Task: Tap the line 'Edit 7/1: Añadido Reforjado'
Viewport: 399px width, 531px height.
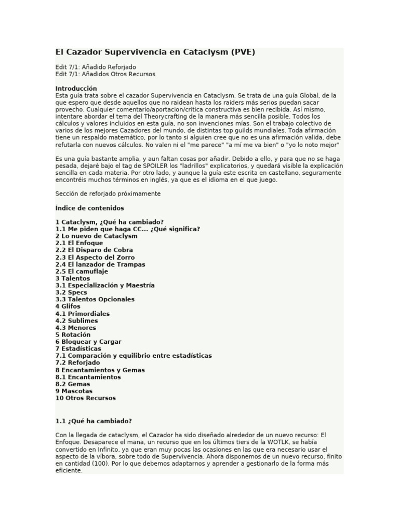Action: (x=96, y=67)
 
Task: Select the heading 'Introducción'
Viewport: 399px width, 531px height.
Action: (x=76, y=88)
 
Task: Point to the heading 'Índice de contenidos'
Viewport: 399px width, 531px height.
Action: (x=89, y=208)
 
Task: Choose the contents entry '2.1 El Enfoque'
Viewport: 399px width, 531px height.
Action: (x=79, y=243)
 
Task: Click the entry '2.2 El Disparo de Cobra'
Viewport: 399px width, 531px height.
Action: (x=94, y=250)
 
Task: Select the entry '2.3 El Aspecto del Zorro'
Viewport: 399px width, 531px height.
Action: (x=95, y=257)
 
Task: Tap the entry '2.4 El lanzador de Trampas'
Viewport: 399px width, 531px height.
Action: (x=100, y=264)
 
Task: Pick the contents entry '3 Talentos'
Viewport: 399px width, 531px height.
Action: (x=72, y=278)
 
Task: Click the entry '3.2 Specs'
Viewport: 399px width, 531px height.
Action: (x=71, y=292)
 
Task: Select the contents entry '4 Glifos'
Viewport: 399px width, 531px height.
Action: (x=68, y=306)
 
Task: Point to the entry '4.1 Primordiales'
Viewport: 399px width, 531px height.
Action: (x=82, y=314)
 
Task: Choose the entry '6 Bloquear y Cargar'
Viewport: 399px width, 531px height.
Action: (x=88, y=342)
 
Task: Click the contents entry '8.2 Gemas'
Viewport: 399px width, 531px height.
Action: (x=72, y=384)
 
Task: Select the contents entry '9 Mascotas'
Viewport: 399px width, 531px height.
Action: (x=74, y=391)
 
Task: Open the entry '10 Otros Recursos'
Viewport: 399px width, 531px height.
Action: (x=85, y=398)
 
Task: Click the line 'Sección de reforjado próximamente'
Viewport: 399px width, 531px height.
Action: (x=108, y=193)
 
